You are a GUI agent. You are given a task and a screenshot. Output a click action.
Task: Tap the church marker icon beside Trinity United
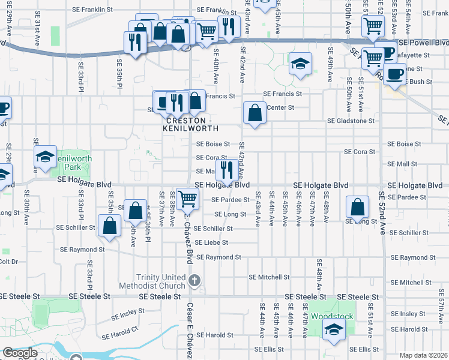click(194, 280)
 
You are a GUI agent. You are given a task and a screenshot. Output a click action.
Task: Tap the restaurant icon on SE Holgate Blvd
click(226, 169)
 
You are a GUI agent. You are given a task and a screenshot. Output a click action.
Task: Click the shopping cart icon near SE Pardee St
click(188, 197)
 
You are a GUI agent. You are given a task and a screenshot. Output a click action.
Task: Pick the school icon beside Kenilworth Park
click(45, 157)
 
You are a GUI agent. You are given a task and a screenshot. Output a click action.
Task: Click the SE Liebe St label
click(211, 243)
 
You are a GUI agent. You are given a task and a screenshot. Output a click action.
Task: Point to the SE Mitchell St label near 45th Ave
click(270, 277)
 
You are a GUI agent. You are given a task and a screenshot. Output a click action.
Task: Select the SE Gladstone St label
click(351, 121)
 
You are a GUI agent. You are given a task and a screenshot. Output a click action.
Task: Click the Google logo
click(20, 353)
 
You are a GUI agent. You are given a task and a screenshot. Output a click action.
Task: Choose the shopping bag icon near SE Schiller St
click(110, 227)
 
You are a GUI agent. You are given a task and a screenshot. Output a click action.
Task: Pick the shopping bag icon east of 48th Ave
click(358, 207)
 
